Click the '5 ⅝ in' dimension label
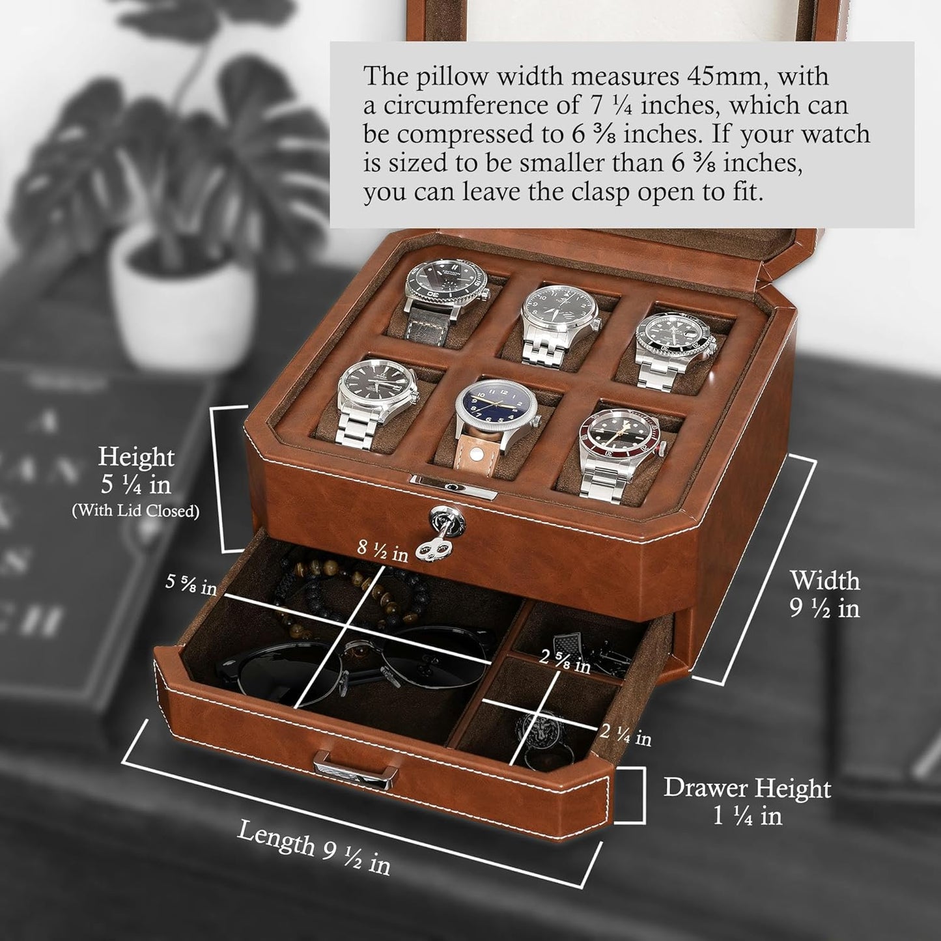tap(191, 582)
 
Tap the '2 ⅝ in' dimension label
tap(565, 662)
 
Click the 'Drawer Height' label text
tap(747, 788)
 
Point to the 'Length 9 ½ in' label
tap(313, 847)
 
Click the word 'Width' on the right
tap(824, 580)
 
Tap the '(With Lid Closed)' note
tap(135, 511)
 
